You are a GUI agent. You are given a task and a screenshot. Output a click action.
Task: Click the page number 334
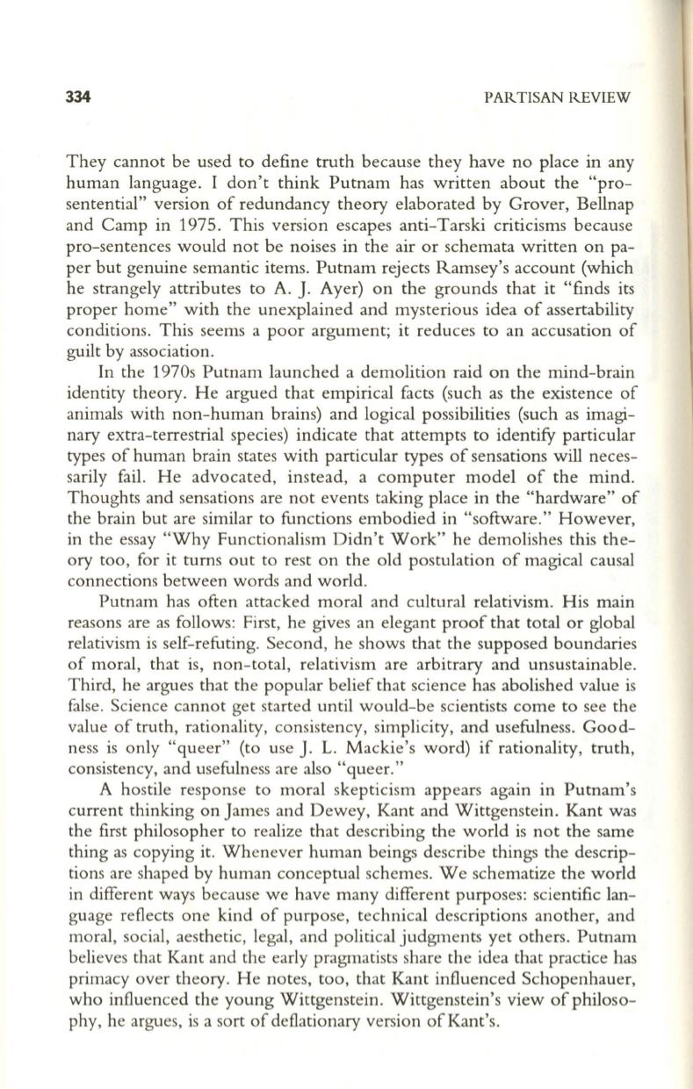point(79,96)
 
